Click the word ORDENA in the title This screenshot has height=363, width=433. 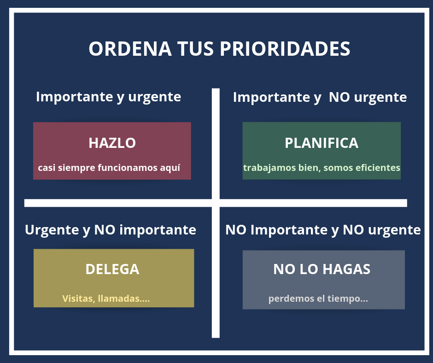click(x=130, y=49)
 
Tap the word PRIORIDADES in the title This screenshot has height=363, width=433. click(x=285, y=49)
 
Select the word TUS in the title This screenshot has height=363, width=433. click(x=195, y=49)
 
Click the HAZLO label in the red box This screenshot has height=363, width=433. click(x=112, y=143)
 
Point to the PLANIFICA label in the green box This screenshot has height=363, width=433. click(x=322, y=143)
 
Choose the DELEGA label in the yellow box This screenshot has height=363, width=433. click(x=112, y=269)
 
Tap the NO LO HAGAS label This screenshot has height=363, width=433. click(x=322, y=269)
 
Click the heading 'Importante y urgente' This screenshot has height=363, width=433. click(x=109, y=97)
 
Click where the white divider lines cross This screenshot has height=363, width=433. click(x=216, y=203)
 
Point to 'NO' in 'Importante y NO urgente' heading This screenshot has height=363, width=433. click(x=339, y=97)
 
